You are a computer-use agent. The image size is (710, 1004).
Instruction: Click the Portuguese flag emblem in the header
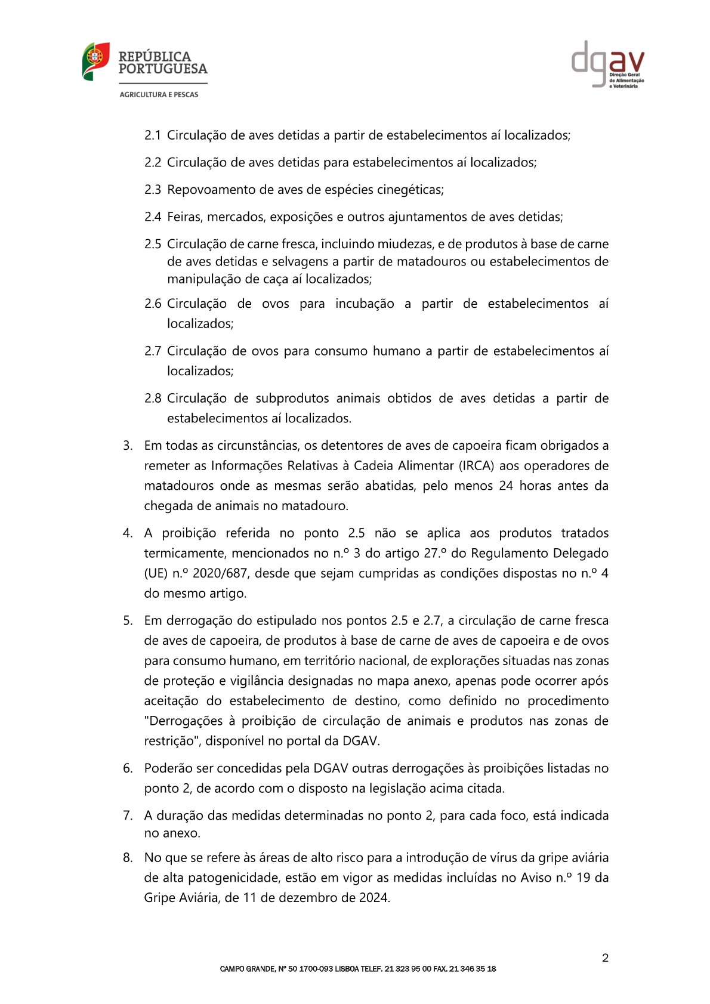point(95,61)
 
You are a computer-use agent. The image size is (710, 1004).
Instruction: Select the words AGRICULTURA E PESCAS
point(159,94)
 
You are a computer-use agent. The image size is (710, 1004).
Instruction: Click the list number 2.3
point(153,190)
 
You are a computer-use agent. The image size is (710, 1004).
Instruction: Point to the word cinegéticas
point(409,190)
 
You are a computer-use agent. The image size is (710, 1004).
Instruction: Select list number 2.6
point(153,304)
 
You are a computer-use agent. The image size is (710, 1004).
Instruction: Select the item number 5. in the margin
point(128,620)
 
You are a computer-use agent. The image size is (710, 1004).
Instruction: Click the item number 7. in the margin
point(128,815)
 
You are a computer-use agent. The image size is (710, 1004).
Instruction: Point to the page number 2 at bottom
point(605,958)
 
